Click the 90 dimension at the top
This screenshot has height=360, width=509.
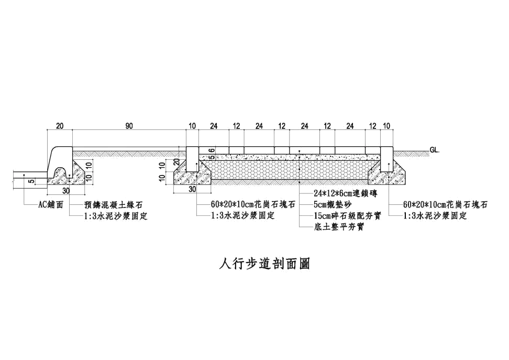(x=129, y=126)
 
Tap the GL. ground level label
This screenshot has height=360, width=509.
(x=435, y=150)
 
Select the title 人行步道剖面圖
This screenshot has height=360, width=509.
(x=264, y=264)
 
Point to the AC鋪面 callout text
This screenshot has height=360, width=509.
(x=51, y=205)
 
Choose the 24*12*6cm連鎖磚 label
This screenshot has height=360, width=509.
(x=346, y=194)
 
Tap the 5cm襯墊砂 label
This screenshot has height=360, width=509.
(x=333, y=205)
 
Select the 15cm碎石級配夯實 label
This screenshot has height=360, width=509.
(x=347, y=216)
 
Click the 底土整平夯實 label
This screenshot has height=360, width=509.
(x=339, y=227)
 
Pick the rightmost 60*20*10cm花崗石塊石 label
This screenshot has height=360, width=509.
(x=445, y=205)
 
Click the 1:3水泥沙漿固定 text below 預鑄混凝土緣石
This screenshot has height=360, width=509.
(x=116, y=216)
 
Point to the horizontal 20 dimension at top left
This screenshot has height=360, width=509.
(x=60, y=126)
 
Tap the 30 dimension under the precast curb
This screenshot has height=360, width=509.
(x=66, y=191)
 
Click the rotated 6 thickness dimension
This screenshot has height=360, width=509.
(x=212, y=150)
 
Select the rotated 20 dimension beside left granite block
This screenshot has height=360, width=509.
(x=176, y=162)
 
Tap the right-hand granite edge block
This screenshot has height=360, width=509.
(x=386, y=159)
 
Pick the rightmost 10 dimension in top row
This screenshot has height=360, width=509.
(x=386, y=126)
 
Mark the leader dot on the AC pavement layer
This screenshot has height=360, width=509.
(x=24, y=175)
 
